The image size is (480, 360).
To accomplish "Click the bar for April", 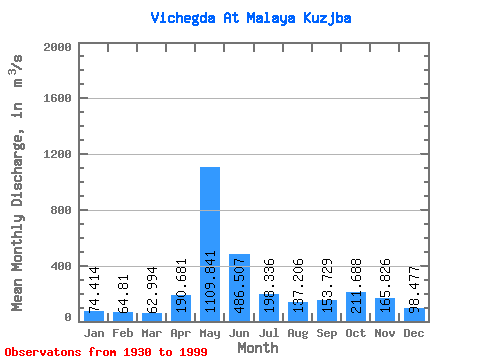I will [x=181, y=306].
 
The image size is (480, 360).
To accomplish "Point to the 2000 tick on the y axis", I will [x=57, y=47].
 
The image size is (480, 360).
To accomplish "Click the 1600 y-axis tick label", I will [x=57, y=99].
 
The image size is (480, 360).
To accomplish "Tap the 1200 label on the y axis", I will [x=57, y=155].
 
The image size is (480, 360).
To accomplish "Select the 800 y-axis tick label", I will [x=61, y=211].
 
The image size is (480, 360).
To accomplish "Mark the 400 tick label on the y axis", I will [x=61, y=267].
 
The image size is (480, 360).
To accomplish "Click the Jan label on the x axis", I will [x=94, y=332].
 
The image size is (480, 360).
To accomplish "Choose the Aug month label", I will [x=298, y=332].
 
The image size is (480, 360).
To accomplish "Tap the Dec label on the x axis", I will [x=414, y=332].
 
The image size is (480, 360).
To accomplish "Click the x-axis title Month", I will [x=258, y=347].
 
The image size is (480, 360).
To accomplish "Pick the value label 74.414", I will [x=95, y=290].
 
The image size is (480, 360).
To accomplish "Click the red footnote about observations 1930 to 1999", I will [x=106, y=352].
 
